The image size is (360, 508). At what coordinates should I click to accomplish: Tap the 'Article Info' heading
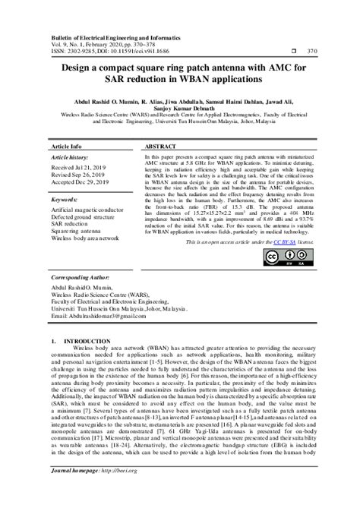pos(67,144)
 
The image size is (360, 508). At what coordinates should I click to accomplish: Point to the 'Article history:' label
pos(69,155)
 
